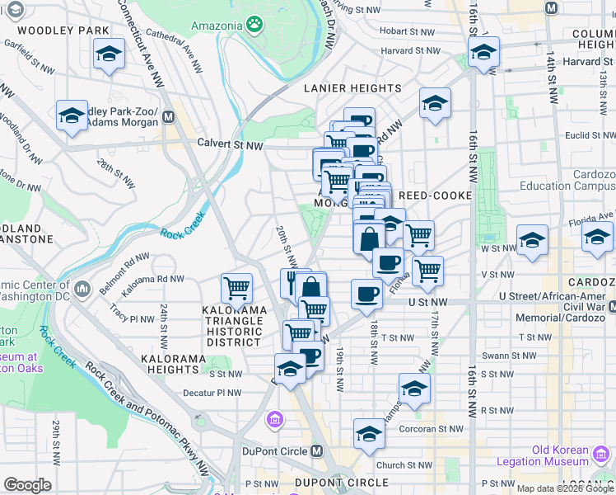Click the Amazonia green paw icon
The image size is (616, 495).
(256, 25)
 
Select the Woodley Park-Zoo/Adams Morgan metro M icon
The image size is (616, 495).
(168, 117)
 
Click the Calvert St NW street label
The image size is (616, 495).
(229, 144)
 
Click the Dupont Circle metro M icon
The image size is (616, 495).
(317, 451)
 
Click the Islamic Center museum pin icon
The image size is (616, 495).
(82, 290)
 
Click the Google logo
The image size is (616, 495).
(28, 485)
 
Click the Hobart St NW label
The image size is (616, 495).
(407, 31)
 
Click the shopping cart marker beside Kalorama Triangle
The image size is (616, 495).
(236, 289)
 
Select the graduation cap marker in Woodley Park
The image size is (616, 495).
(107, 55)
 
